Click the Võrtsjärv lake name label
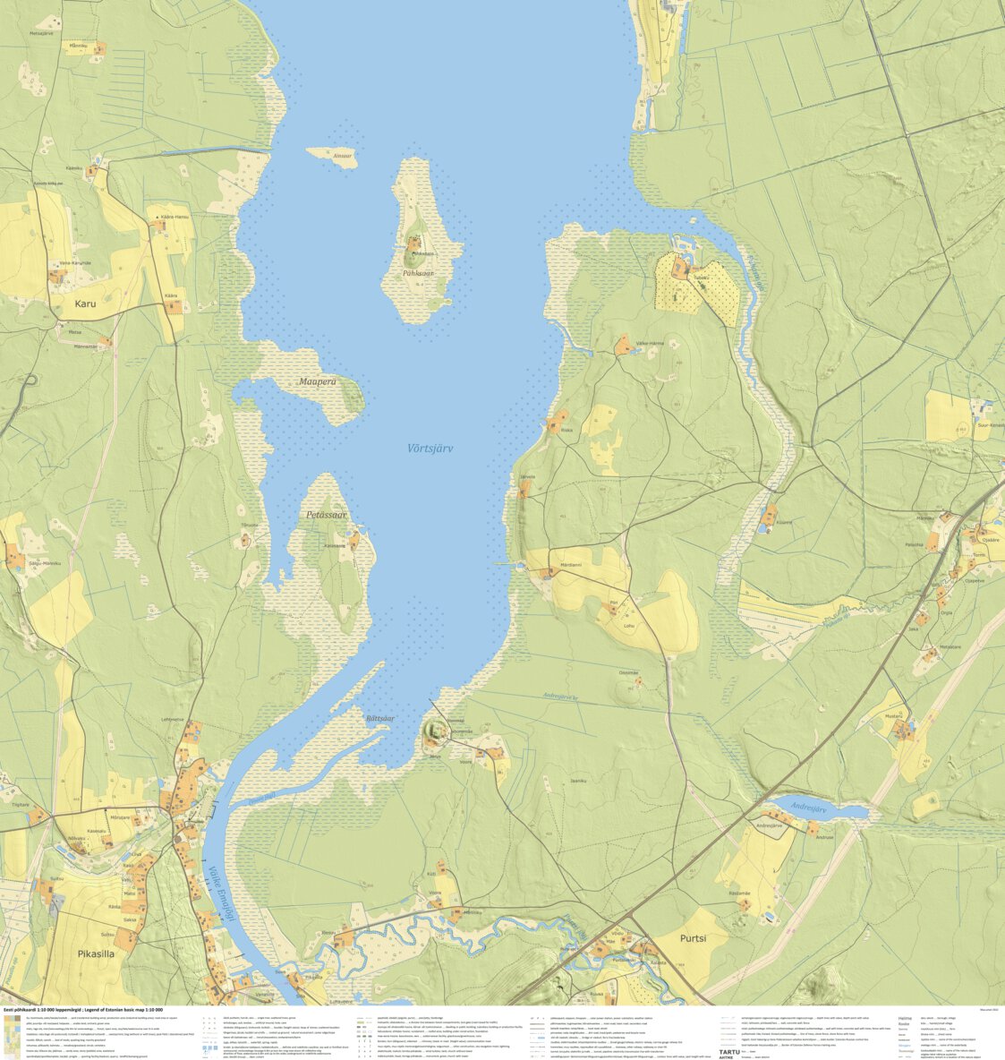pyautogui.click(x=430, y=448)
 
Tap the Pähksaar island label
pyautogui.click(x=417, y=273)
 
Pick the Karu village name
pyautogui.click(x=85, y=303)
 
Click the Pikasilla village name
pyautogui.click(x=96, y=954)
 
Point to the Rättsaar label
pyautogui.click(x=379, y=718)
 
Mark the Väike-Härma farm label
pyautogui.click(x=650, y=344)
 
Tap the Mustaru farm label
pyautogui.click(x=893, y=717)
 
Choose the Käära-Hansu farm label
pyautogui.click(x=175, y=218)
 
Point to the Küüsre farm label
pyautogui.click(x=784, y=521)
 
